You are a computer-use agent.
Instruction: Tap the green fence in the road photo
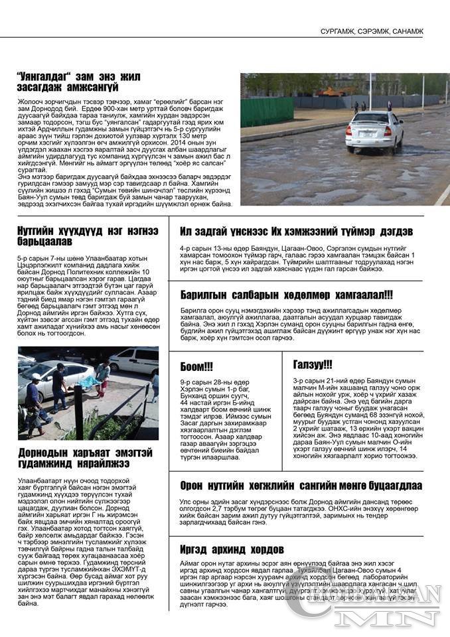click(267, 110)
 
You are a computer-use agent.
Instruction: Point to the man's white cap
click(35, 377)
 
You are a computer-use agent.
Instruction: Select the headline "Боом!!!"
click(196, 366)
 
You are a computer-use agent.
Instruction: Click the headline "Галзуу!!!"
click(312, 364)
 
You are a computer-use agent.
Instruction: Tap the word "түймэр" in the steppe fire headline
click(359, 232)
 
